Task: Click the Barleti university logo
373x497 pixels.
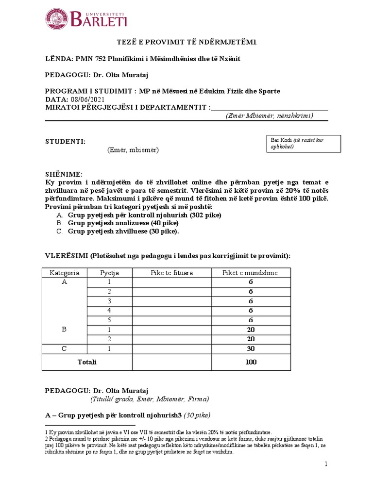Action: [x=86, y=19]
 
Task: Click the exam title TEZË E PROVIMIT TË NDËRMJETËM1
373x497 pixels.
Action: [x=186, y=43]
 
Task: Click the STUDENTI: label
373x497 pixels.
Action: [x=65, y=141]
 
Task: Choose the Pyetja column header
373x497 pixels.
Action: [x=109, y=273]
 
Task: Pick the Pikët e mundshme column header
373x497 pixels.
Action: [x=250, y=273]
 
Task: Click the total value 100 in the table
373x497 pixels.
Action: [x=251, y=362]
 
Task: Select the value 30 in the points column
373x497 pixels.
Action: [x=251, y=348]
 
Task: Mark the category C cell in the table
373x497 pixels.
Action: [x=64, y=348]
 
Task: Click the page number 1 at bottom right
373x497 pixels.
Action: [x=326, y=464]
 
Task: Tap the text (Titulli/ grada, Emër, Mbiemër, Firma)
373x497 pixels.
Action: [x=150, y=399]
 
